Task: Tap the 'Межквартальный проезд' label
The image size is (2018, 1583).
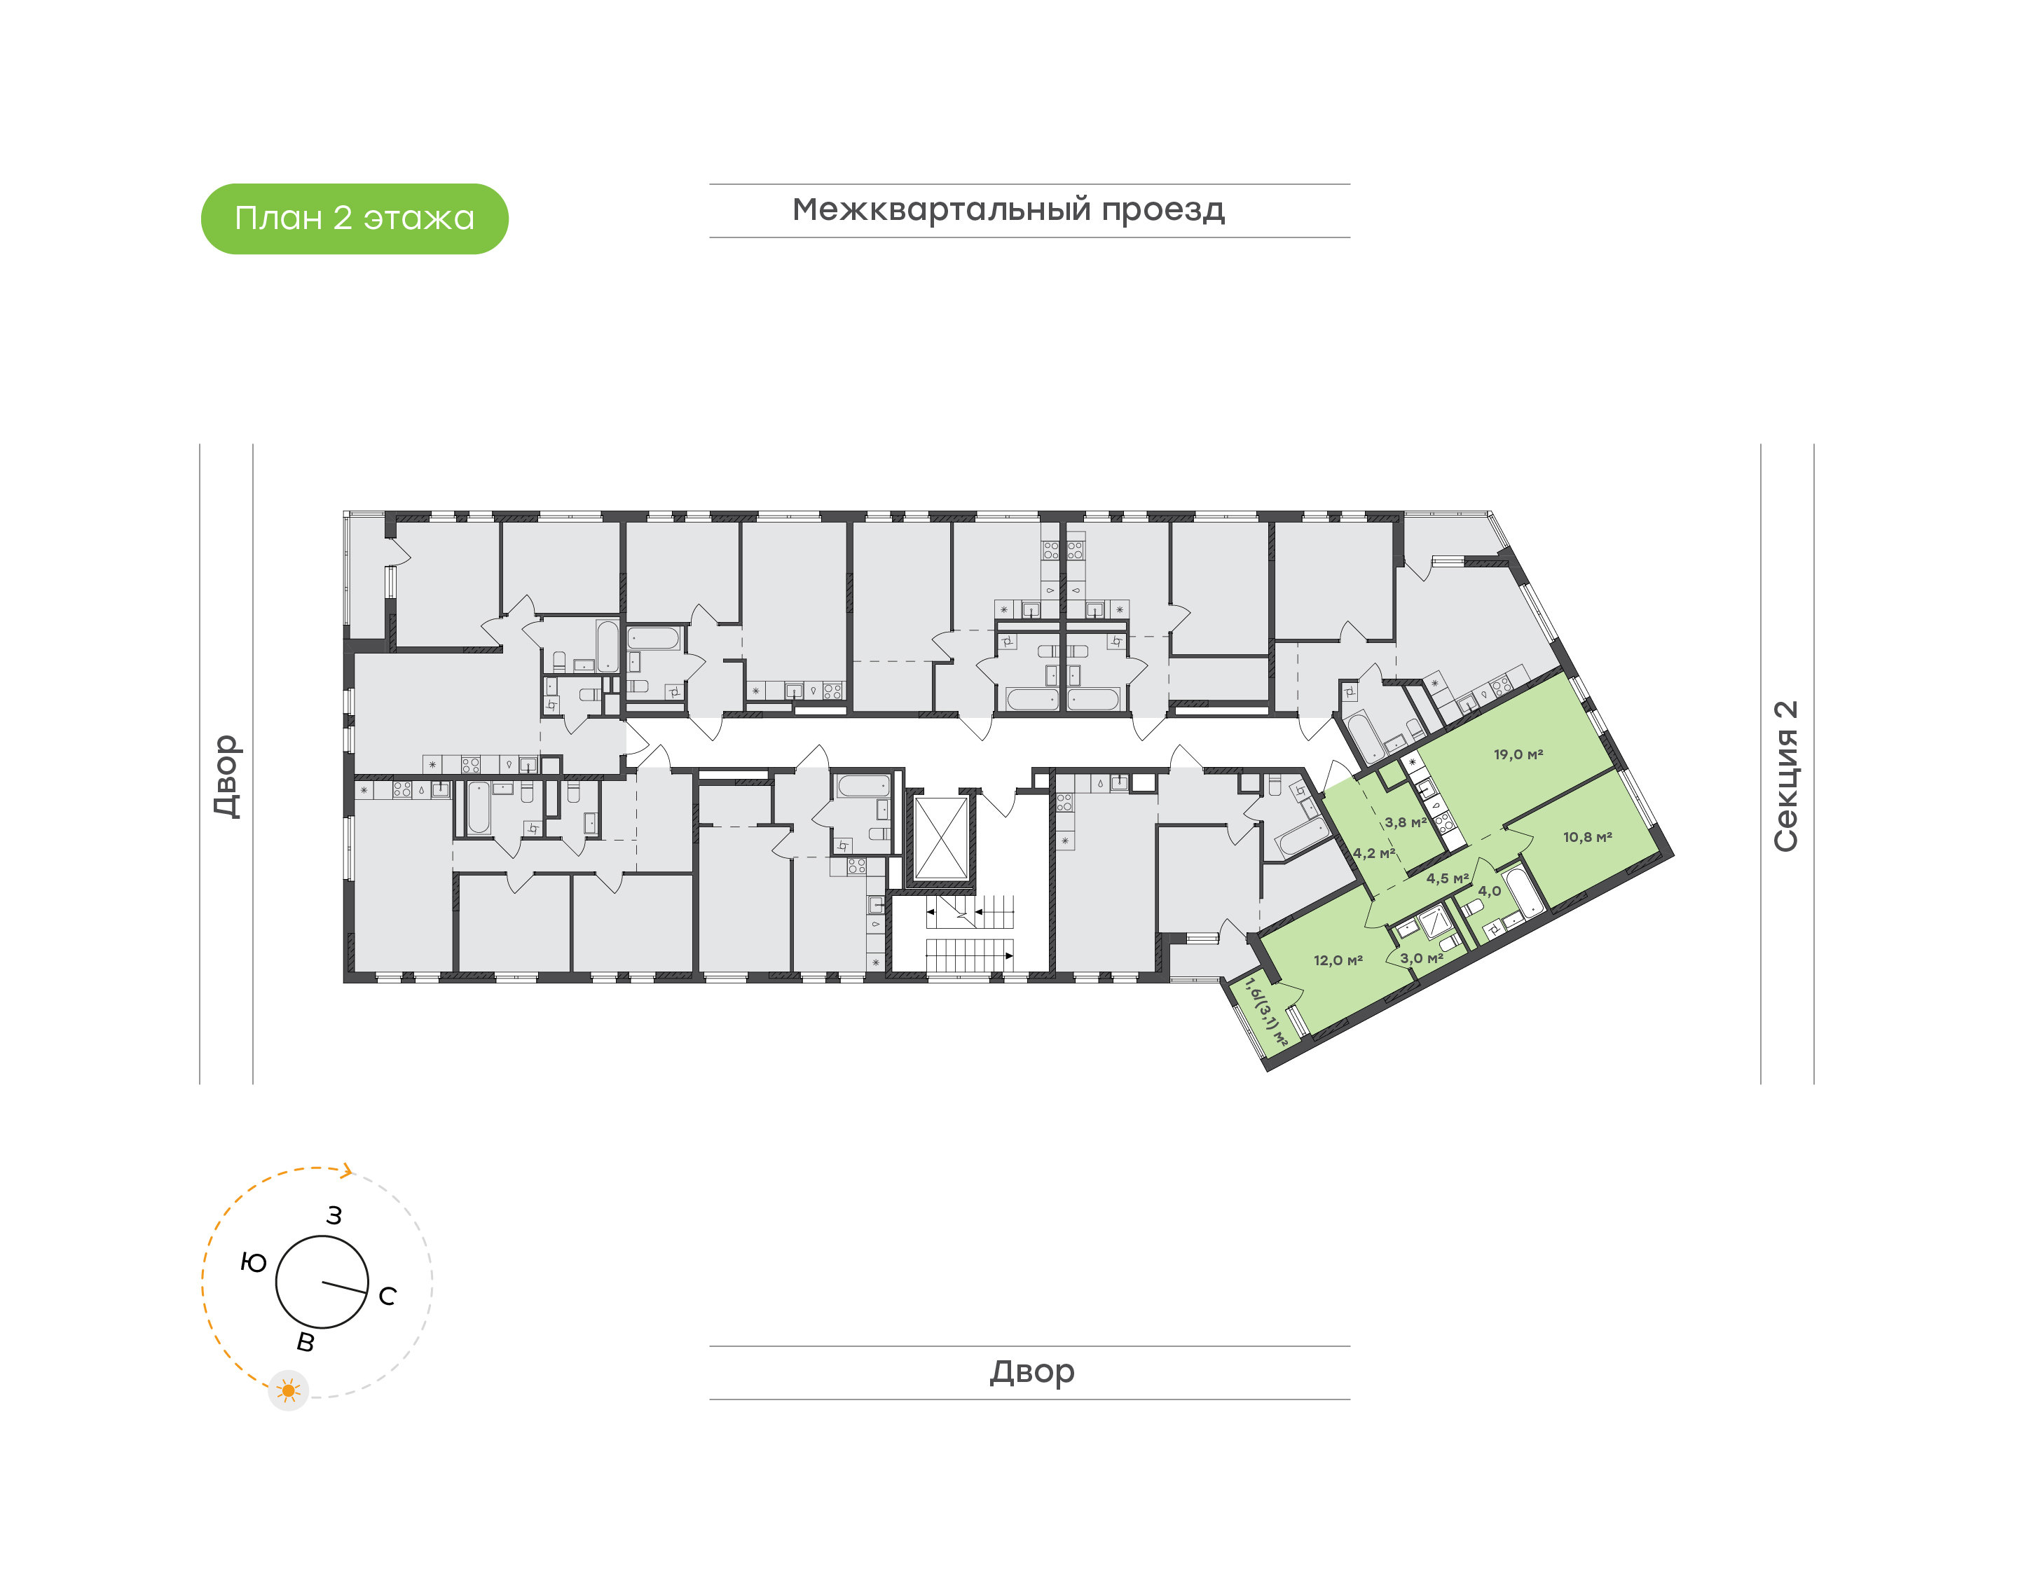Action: [x=1008, y=209]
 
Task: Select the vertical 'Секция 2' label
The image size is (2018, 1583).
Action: [x=1785, y=776]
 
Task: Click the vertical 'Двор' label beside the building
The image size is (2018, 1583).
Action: [x=226, y=776]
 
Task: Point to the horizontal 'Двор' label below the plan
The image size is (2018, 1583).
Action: [x=1031, y=1371]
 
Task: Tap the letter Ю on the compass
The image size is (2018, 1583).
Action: [x=253, y=1262]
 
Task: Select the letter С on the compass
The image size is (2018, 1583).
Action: [x=387, y=1296]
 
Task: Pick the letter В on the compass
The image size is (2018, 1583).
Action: [x=305, y=1342]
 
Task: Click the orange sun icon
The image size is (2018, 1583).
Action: [x=288, y=1390]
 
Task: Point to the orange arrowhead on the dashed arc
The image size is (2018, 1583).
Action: [x=348, y=1170]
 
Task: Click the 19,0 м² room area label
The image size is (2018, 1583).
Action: [x=1518, y=754]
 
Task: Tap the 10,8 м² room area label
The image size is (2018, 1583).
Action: [x=1587, y=837]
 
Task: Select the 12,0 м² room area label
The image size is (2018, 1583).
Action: [x=1338, y=960]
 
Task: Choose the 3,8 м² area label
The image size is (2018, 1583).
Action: [x=1406, y=822]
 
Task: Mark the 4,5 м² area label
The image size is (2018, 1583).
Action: [x=1447, y=878]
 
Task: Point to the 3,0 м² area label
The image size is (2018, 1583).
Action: [x=1421, y=958]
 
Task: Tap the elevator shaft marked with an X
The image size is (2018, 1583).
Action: [x=941, y=838]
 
